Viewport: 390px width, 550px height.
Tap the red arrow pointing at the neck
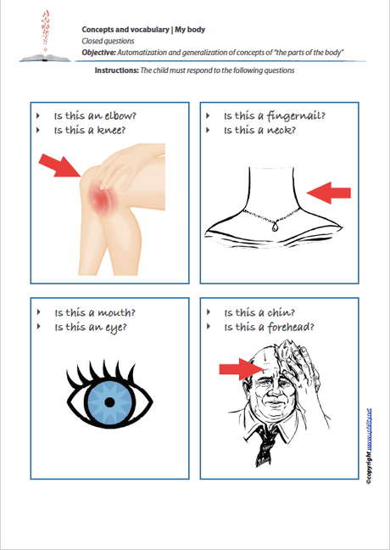327,194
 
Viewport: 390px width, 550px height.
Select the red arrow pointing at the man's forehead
240,368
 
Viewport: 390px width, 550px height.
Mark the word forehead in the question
290,326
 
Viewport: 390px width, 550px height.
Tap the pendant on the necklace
275,227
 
